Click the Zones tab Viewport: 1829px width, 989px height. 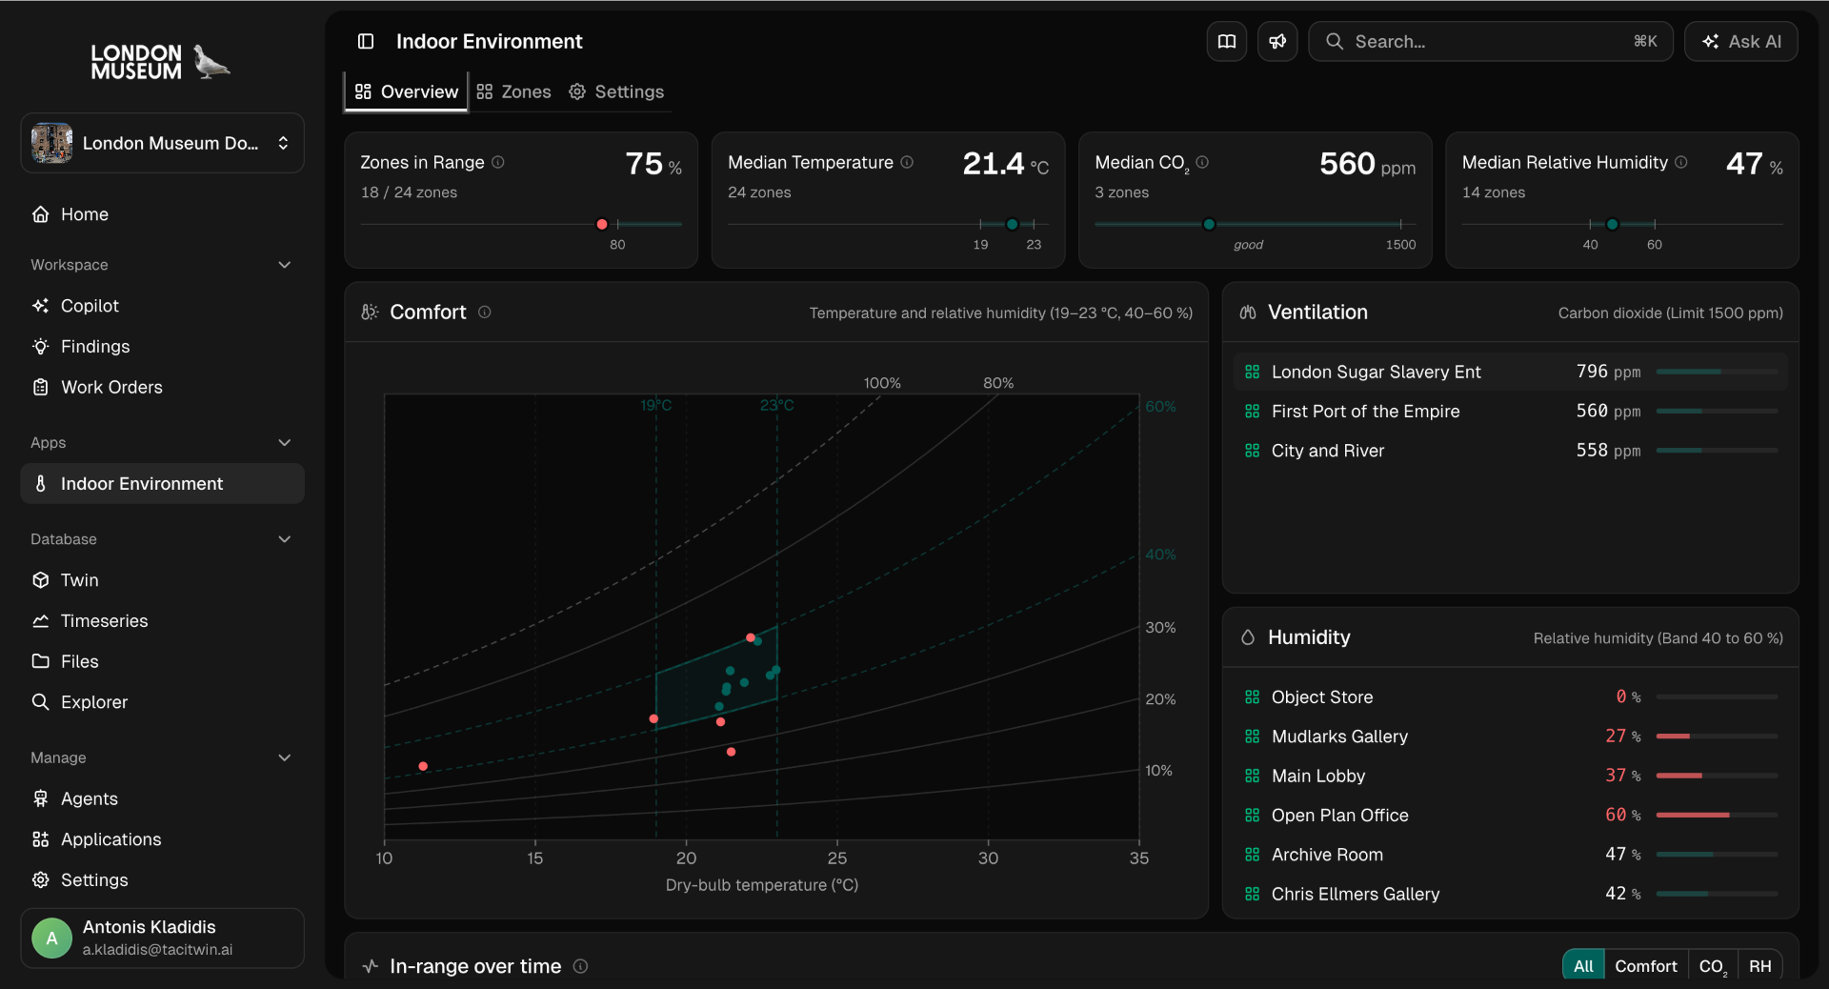pos(514,91)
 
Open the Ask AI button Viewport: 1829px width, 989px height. pos(1740,42)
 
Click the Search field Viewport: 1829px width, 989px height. pos(1490,42)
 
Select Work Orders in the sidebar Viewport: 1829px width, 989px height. pos(111,388)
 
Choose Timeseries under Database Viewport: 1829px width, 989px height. pos(104,621)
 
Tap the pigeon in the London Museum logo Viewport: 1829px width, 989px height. pos(211,62)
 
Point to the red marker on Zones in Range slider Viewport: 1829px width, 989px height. pos(602,225)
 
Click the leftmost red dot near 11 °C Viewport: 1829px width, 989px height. pos(423,766)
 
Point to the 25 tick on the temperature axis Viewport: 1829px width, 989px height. pos(837,858)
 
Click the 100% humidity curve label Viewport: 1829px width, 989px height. pos(882,383)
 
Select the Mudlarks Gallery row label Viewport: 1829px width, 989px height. pos(1339,737)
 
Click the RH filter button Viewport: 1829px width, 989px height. pos(1759,966)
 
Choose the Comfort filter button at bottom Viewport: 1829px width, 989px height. pos(1645,966)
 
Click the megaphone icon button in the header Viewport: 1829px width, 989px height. pos(1277,42)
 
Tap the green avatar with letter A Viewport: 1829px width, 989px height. pos(51,939)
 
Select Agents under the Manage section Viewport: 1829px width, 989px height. pos(89,798)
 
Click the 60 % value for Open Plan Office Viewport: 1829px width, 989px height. pos(1622,816)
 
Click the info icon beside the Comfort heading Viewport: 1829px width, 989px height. pos(485,313)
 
